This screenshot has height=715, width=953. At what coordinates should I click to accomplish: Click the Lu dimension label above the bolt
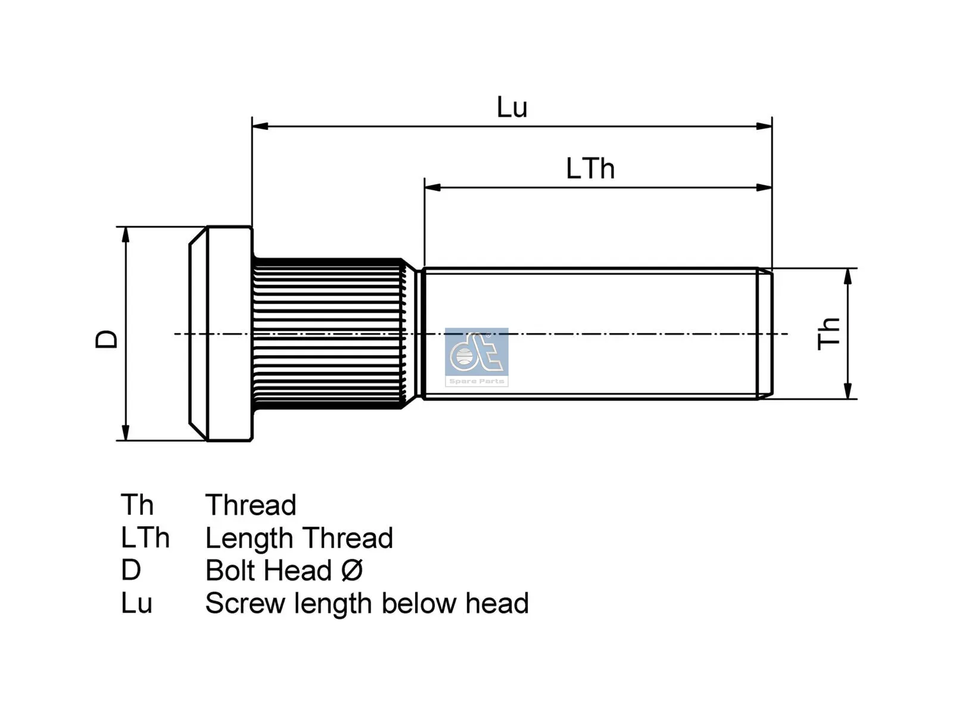click(x=512, y=108)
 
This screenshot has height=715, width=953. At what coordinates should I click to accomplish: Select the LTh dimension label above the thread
click(x=590, y=169)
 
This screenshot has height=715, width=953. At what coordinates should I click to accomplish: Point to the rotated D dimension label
click(x=107, y=338)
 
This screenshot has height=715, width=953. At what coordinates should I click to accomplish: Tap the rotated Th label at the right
click(x=829, y=334)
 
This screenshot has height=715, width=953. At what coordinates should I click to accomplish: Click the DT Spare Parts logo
click(x=476, y=357)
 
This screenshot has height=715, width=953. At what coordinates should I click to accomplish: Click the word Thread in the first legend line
click(x=251, y=505)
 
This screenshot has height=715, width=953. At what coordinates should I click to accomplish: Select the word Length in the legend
click(x=250, y=538)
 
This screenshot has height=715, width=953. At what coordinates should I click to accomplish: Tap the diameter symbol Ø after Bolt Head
click(x=352, y=570)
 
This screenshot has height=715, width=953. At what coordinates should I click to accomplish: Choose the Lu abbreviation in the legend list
click(x=136, y=603)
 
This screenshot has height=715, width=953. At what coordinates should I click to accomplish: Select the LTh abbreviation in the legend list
click(x=145, y=538)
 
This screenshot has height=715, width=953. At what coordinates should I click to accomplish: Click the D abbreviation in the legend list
click(x=131, y=570)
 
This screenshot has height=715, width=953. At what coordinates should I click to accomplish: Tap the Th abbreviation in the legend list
click(x=137, y=505)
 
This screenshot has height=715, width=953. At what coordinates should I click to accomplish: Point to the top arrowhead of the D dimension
click(x=126, y=234)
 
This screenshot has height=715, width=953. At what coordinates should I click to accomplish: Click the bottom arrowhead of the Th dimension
click(x=848, y=391)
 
